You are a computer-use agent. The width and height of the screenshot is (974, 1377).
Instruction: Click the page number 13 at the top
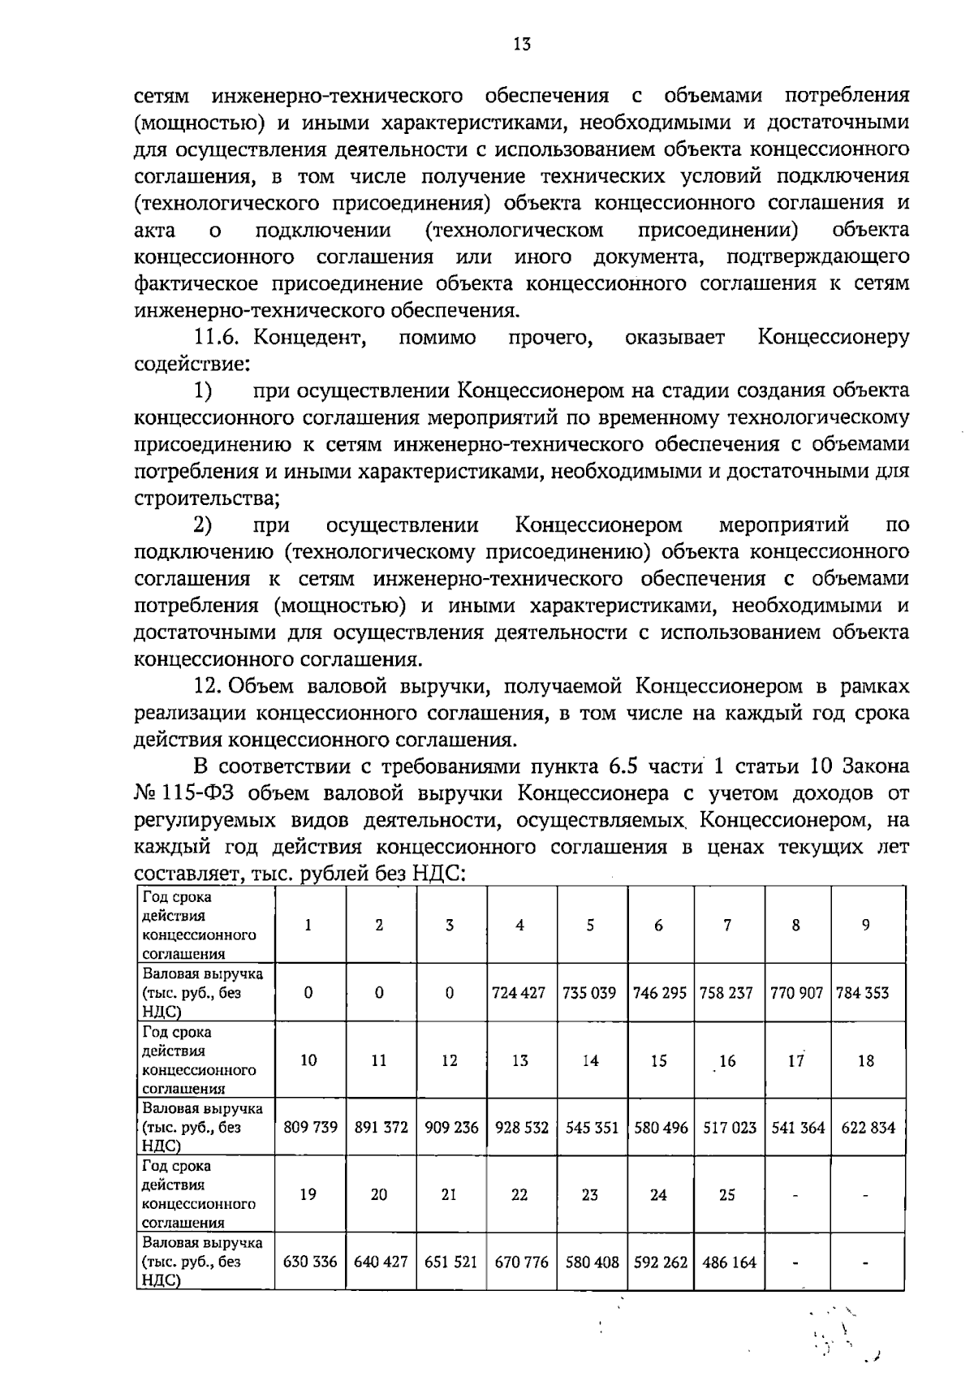522,45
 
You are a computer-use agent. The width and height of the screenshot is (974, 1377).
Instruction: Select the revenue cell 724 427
519,993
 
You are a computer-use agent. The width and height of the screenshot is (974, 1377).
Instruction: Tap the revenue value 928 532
521,1128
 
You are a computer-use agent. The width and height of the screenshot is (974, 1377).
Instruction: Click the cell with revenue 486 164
728,1263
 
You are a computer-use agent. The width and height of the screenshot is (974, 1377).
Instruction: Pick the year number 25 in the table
727,1194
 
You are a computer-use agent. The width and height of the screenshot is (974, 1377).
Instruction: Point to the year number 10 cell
308,1060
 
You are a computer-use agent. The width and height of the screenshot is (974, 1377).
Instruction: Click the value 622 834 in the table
868,1128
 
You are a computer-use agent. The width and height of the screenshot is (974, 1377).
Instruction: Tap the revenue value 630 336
309,1263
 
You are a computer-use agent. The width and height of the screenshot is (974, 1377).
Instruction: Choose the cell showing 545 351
591,1128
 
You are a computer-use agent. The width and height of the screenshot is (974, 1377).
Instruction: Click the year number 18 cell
866,1060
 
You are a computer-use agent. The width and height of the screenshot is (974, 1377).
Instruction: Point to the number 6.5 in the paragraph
624,766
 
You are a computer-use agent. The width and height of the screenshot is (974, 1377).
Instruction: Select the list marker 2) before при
203,525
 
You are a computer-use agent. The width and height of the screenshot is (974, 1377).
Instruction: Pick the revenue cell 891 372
380,1128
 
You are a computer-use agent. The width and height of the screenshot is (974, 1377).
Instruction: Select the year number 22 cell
519,1194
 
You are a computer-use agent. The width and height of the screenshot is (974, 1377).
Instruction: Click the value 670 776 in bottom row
521,1263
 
